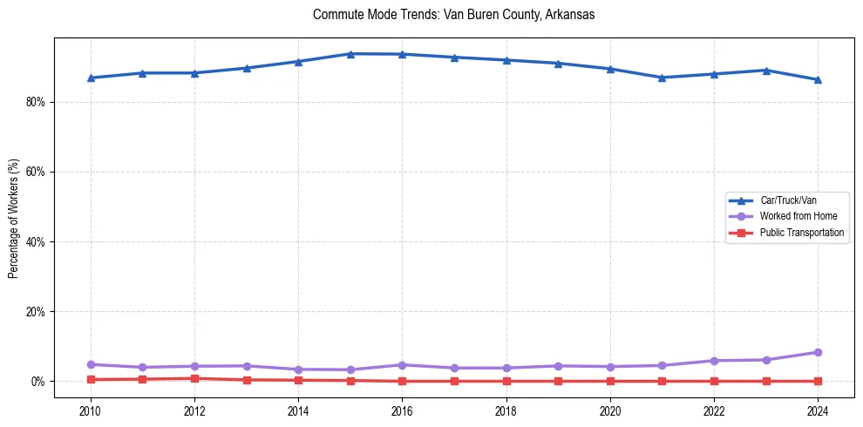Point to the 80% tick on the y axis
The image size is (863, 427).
36,102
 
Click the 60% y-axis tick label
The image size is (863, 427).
36,172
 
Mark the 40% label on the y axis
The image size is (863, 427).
36,241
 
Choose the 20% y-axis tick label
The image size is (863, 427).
36,311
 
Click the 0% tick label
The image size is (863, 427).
38,382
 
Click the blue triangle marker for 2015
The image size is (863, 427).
350,54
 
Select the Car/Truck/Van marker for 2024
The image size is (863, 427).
818,79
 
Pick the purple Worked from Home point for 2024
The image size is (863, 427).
818,352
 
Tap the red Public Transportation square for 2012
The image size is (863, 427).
194,378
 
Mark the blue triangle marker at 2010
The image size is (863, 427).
90,78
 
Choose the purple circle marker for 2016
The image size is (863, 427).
402,365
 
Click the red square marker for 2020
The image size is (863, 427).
610,381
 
